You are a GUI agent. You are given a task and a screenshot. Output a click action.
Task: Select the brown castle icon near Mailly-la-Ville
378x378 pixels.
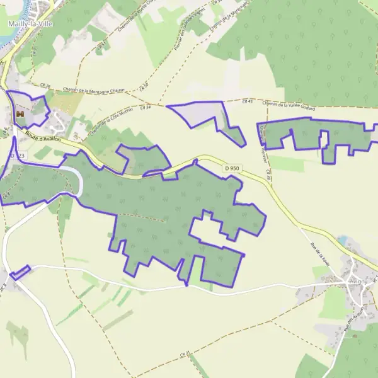pos(20,113)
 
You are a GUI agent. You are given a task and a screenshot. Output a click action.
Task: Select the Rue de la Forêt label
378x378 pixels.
pos(320,256)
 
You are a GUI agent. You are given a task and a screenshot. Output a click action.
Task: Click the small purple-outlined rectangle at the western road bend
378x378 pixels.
pos(20,272)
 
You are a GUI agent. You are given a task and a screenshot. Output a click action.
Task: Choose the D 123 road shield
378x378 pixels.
pos(18,155)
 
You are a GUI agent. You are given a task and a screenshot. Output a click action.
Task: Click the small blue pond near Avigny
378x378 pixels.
pos(342,240)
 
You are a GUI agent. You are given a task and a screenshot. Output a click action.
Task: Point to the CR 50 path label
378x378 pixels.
pos(144,85)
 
